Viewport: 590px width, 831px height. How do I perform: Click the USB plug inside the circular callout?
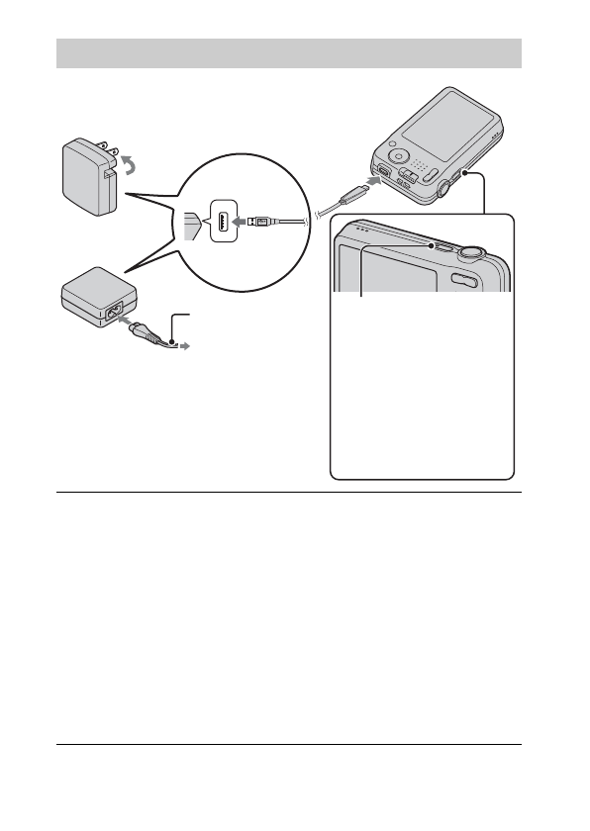(x=259, y=222)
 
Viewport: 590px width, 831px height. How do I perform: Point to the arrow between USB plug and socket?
(x=241, y=222)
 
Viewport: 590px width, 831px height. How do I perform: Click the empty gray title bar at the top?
(x=288, y=52)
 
